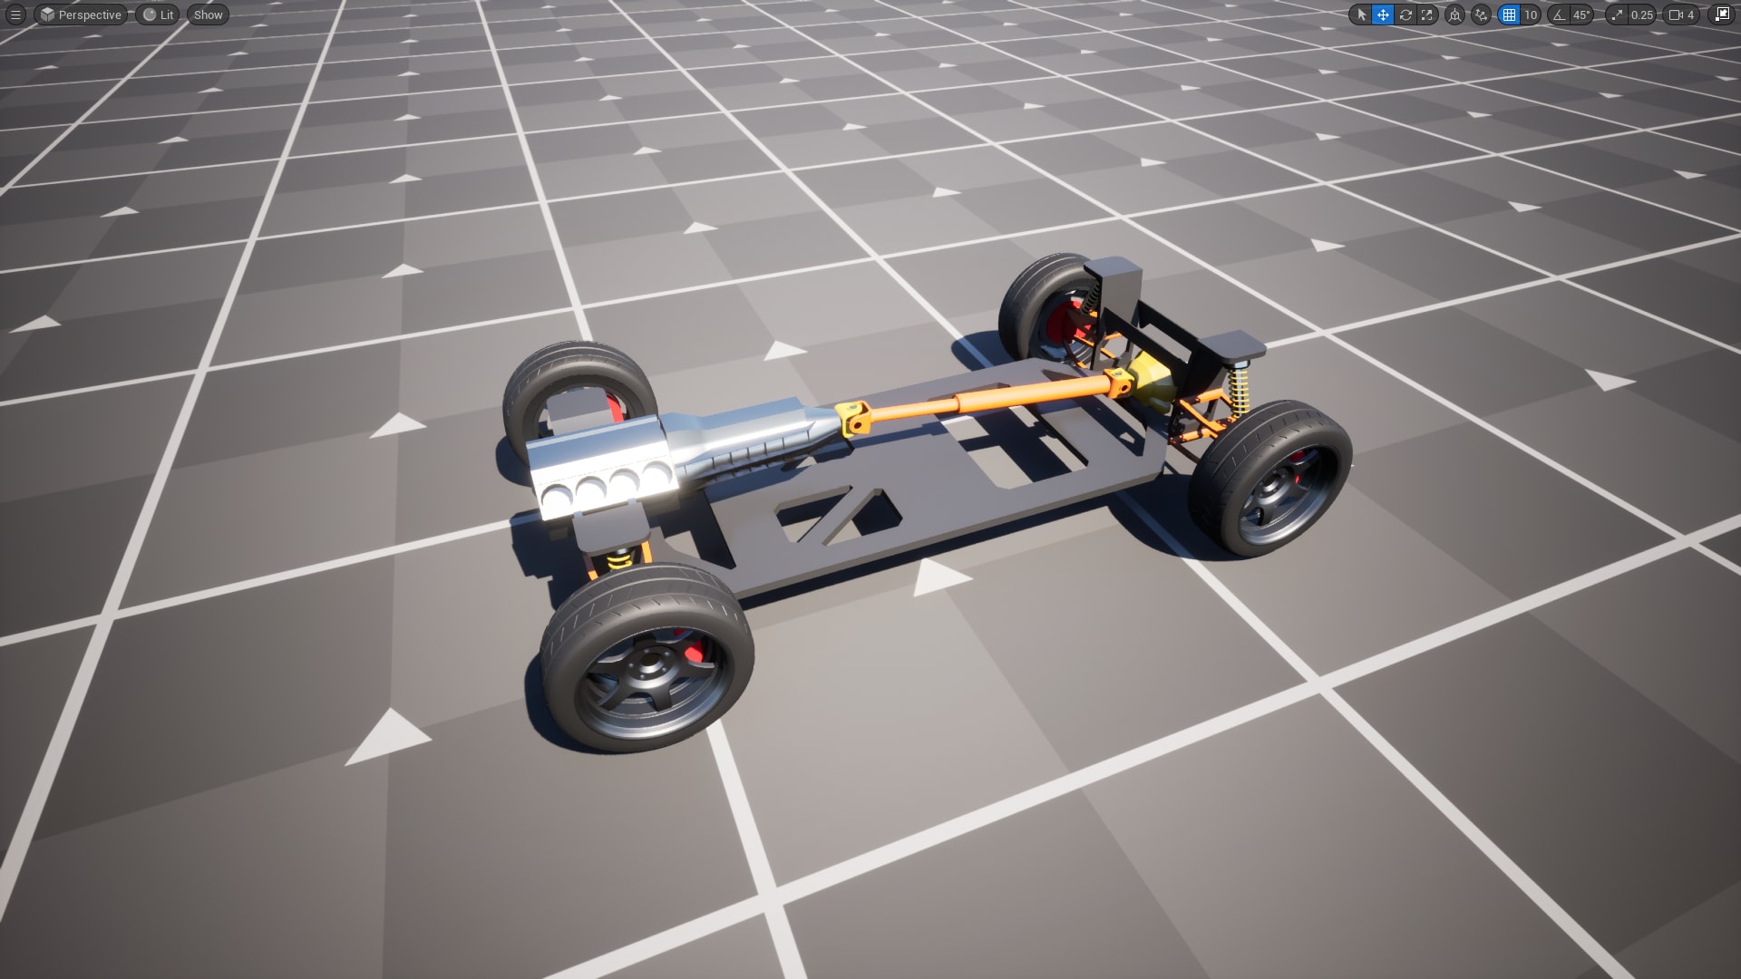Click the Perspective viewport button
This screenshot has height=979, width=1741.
pyautogui.click(x=81, y=15)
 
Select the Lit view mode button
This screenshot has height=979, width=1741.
pyautogui.click(x=158, y=15)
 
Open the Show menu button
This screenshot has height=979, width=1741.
pyautogui.click(x=208, y=15)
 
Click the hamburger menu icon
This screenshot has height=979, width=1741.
pyautogui.click(x=15, y=15)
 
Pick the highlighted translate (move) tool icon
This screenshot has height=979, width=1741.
pyautogui.click(x=1383, y=15)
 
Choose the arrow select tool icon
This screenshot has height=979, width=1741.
pyautogui.click(x=1360, y=15)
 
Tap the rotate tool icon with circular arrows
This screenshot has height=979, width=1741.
pyautogui.click(x=1405, y=15)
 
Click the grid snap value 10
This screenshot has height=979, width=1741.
pyautogui.click(x=1531, y=15)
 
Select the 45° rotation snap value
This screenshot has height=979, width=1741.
pyautogui.click(x=1581, y=15)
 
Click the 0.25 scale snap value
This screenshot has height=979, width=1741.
pyautogui.click(x=1641, y=15)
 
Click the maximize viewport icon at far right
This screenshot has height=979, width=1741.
pyautogui.click(x=1722, y=15)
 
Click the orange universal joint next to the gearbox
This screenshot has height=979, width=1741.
pyautogui.click(x=854, y=419)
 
